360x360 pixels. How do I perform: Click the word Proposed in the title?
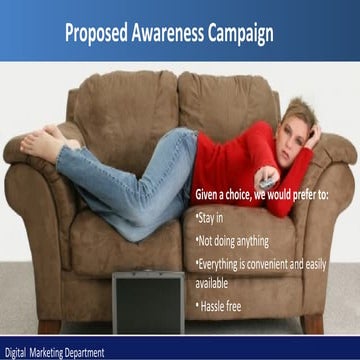point(98,32)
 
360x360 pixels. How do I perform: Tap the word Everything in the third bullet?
point(226,262)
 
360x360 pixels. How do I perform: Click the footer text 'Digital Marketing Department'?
point(54,352)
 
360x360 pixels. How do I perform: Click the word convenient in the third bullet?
point(291,262)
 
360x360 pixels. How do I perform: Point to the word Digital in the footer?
point(17,352)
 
